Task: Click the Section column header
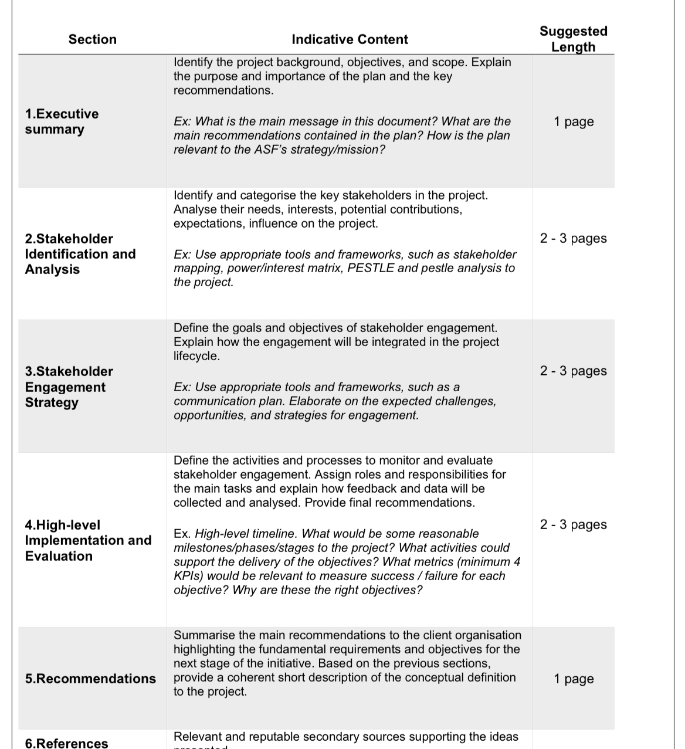point(92,39)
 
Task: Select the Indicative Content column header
point(350,39)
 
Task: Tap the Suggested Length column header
point(573,39)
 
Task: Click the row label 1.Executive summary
point(62,121)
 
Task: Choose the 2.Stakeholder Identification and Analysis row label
point(80,254)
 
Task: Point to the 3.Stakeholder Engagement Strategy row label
point(69,387)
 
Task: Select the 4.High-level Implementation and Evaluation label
point(88,540)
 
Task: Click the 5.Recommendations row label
point(90,679)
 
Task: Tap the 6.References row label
point(66,743)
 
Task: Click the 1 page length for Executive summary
point(573,121)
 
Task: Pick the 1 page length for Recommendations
point(573,679)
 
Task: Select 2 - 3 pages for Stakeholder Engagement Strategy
point(573,371)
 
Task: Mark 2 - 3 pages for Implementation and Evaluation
point(573,524)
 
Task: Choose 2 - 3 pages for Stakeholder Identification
point(573,238)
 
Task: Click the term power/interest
point(265,268)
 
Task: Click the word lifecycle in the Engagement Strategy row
point(196,356)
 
